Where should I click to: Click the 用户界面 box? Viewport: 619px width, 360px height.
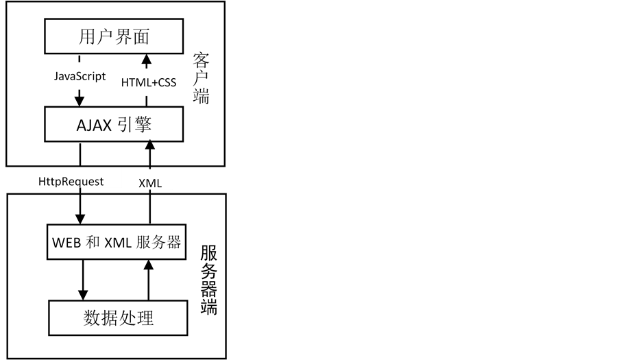[x=114, y=36]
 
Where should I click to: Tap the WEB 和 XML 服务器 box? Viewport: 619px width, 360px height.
[x=116, y=241]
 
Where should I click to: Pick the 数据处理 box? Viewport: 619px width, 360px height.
[x=118, y=318]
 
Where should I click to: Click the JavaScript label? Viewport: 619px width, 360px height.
[x=80, y=76]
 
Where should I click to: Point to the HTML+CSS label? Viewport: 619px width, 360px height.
[x=149, y=83]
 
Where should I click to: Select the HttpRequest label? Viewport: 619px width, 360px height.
[x=71, y=182]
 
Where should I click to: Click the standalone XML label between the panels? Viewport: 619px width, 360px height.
[x=151, y=182]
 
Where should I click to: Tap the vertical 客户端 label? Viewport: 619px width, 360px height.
[x=201, y=77]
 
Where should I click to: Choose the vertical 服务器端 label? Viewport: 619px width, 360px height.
[x=209, y=280]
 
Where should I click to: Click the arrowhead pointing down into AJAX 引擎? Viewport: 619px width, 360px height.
[x=80, y=103]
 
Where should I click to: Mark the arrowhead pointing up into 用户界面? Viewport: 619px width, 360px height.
[x=148, y=58]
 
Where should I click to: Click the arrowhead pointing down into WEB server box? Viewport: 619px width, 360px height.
[x=80, y=217]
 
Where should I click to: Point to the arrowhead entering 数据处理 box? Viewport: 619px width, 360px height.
[x=82, y=294]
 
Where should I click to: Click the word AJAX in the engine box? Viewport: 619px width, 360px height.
[x=92, y=125]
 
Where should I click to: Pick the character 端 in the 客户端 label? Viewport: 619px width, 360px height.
[x=201, y=96]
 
